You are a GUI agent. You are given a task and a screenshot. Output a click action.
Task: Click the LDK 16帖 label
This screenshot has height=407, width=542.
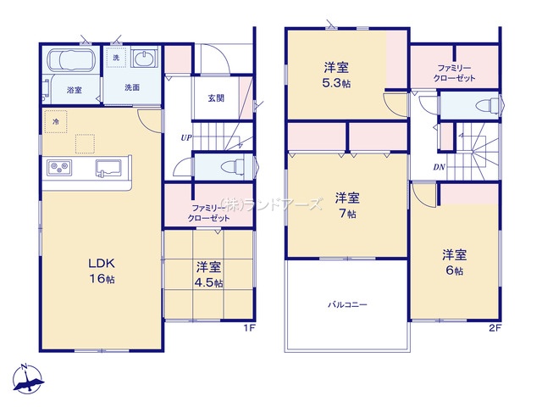point(102,271)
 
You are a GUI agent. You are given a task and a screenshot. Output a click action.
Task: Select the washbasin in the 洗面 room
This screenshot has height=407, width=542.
point(145,59)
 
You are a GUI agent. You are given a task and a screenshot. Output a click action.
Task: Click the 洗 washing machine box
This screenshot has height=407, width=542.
point(117,58)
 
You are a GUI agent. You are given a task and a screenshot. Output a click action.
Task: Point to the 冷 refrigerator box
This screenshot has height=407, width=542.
point(55,121)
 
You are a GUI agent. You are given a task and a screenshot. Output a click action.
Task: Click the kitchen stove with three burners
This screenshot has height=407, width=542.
point(59,168)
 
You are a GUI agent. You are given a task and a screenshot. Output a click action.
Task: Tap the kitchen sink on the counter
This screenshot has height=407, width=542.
point(108,168)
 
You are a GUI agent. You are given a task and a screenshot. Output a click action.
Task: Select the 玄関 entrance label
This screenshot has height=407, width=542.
point(216,98)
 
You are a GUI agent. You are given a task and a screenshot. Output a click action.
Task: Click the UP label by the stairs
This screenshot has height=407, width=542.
point(186,137)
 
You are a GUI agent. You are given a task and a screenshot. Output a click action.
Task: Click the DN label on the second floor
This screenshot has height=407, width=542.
point(439,168)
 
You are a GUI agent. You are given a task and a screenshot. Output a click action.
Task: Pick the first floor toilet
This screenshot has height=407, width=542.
point(235,168)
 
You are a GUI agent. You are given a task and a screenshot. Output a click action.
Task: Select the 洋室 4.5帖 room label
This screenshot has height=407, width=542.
point(209,275)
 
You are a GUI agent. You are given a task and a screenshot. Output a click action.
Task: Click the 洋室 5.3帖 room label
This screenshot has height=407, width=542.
point(336,75)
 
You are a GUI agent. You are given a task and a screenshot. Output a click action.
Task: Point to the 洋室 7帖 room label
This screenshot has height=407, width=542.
point(347,206)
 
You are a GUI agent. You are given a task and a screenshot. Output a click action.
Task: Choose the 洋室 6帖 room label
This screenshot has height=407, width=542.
point(455,263)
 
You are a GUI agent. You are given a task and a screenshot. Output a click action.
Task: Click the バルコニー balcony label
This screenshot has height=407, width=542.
point(347,305)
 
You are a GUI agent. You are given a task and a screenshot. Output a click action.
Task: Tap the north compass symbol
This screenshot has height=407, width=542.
point(28,379)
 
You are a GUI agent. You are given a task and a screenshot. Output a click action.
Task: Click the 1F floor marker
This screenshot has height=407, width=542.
point(249,328)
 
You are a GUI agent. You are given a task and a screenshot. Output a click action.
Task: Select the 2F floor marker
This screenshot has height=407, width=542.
point(495,328)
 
